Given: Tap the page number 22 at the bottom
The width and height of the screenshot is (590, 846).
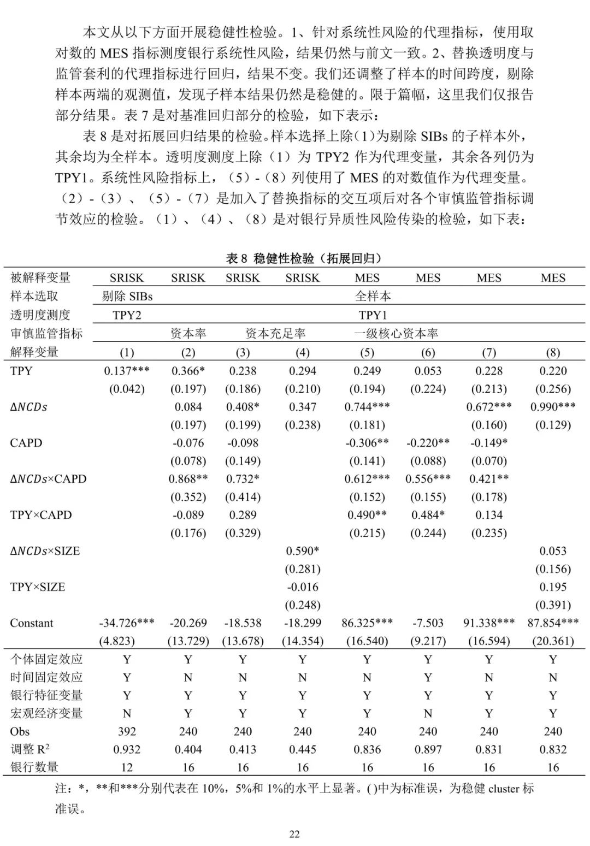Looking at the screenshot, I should pos(294,834).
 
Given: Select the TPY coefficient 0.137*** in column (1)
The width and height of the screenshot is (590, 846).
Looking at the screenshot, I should pos(127,371).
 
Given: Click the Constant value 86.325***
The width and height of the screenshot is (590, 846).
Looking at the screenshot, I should pos(367,623).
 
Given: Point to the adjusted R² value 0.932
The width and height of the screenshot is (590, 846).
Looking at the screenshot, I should pos(127,749).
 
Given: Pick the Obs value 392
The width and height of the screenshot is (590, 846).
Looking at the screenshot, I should pos(127,731).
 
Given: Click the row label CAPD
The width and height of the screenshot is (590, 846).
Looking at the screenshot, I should pos(26,443).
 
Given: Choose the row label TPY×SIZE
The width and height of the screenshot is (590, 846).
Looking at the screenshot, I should pos(38,587).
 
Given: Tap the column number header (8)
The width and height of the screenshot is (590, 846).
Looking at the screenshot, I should pos(553,352).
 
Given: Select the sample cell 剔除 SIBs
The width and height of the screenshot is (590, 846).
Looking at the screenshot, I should pos(127,297).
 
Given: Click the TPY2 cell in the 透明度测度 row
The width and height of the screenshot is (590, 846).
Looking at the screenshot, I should pos(127,315).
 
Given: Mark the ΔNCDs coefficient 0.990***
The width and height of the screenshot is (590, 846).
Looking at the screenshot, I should pos(553,407).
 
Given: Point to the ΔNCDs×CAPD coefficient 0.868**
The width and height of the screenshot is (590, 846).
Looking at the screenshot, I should pos(188,479).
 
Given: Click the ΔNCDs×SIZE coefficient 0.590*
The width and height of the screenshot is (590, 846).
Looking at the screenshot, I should pos(303,551).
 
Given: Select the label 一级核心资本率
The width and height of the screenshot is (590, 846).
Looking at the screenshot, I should pos(396,334).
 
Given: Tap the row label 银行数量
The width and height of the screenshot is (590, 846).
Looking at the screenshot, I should pos(34,767).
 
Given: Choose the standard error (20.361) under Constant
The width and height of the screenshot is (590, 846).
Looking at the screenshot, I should pos(553,641).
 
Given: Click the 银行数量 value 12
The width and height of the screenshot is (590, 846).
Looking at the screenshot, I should pos(127,767).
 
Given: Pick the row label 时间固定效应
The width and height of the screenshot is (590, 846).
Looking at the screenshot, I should pos(46,677).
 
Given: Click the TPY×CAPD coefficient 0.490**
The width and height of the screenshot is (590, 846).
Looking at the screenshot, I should pos(367,515).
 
